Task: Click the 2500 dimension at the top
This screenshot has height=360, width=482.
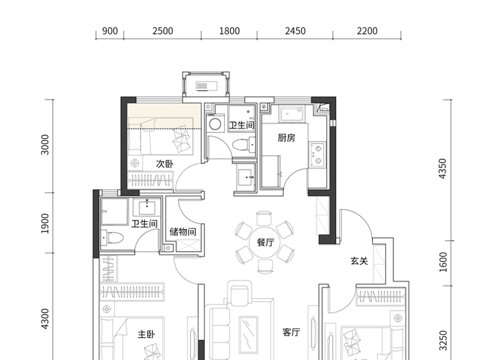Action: coord(163,31)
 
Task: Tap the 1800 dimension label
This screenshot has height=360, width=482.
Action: coord(229,31)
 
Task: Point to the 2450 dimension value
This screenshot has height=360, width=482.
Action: coord(295,31)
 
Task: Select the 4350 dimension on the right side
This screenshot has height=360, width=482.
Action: coord(442,168)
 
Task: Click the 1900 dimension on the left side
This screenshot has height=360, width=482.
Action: coord(45,223)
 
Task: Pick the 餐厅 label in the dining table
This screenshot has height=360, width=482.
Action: coord(265,242)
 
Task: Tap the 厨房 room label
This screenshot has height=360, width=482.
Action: coord(287,138)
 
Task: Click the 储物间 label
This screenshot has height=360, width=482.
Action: coord(183,231)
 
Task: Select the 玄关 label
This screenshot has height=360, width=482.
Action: coord(359,261)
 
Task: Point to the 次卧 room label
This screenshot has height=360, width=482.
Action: coord(165,164)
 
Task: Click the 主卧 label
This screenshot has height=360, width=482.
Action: coord(147,334)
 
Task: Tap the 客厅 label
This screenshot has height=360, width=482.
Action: coord(291,332)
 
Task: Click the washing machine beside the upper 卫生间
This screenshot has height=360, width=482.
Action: coord(215,124)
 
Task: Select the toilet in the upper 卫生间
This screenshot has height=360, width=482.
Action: coord(243,145)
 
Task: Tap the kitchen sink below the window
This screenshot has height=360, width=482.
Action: coord(291,114)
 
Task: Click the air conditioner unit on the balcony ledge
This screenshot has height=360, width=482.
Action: coord(206,86)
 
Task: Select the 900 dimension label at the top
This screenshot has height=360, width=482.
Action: coord(110,31)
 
